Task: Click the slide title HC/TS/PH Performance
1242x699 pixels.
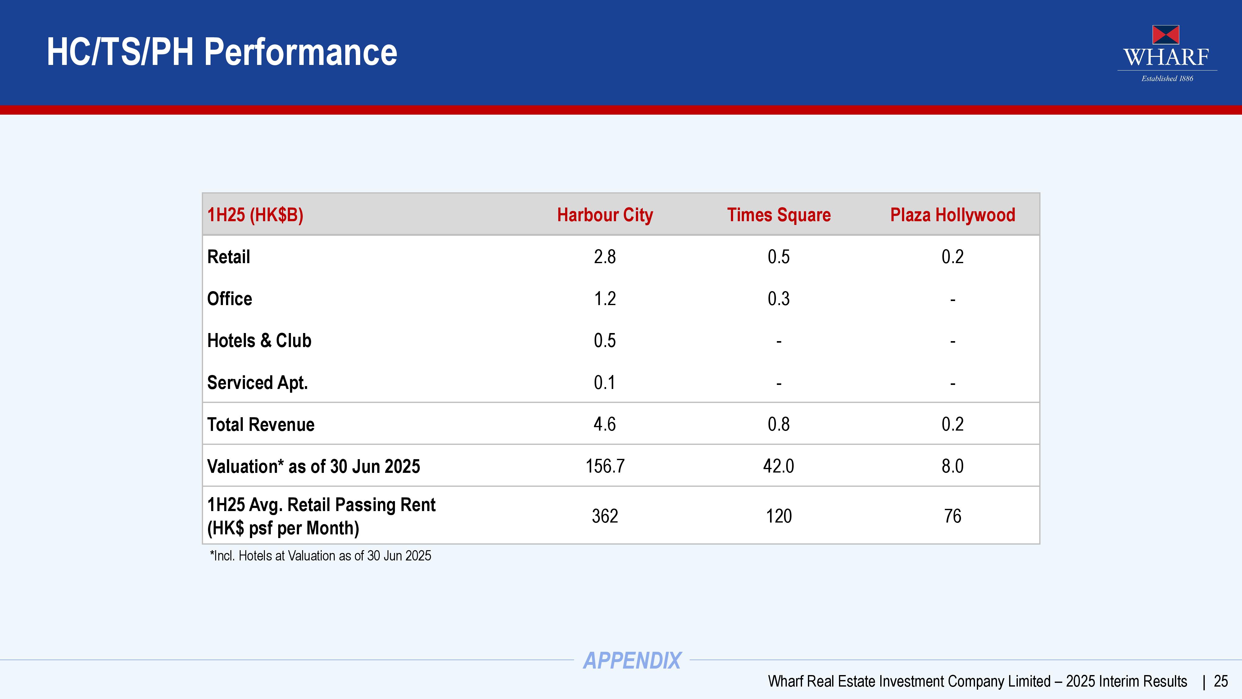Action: click(x=222, y=52)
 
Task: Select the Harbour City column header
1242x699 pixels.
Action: click(x=605, y=215)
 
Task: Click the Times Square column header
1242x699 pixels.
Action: click(x=779, y=215)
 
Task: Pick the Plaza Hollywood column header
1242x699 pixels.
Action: click(x=953, y=215)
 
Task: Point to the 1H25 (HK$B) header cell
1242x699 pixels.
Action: click(x=255, y=215)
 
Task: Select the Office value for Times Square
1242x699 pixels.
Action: click(x=779, y=299)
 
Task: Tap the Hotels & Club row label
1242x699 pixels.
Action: click(x=259, y=340)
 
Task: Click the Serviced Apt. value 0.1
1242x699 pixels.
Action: click(x=605, y=382)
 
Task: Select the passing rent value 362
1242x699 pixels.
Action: click(x=605, y=516)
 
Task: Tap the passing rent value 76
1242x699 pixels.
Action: click(x=953, y=516)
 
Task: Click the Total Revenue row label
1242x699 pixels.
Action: click(x=261, y=424)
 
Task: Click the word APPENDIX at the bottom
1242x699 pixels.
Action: click(x=632, y=660)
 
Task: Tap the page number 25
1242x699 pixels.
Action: click(x=1221, y=681)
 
